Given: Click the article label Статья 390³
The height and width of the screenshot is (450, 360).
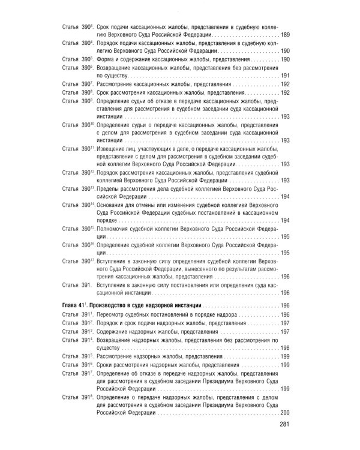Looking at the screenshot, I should click(77, 27).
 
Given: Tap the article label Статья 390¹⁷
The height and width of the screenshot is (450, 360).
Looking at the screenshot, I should click(79, 262).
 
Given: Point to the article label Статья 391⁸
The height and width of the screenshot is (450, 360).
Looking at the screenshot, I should click(77, 398).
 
